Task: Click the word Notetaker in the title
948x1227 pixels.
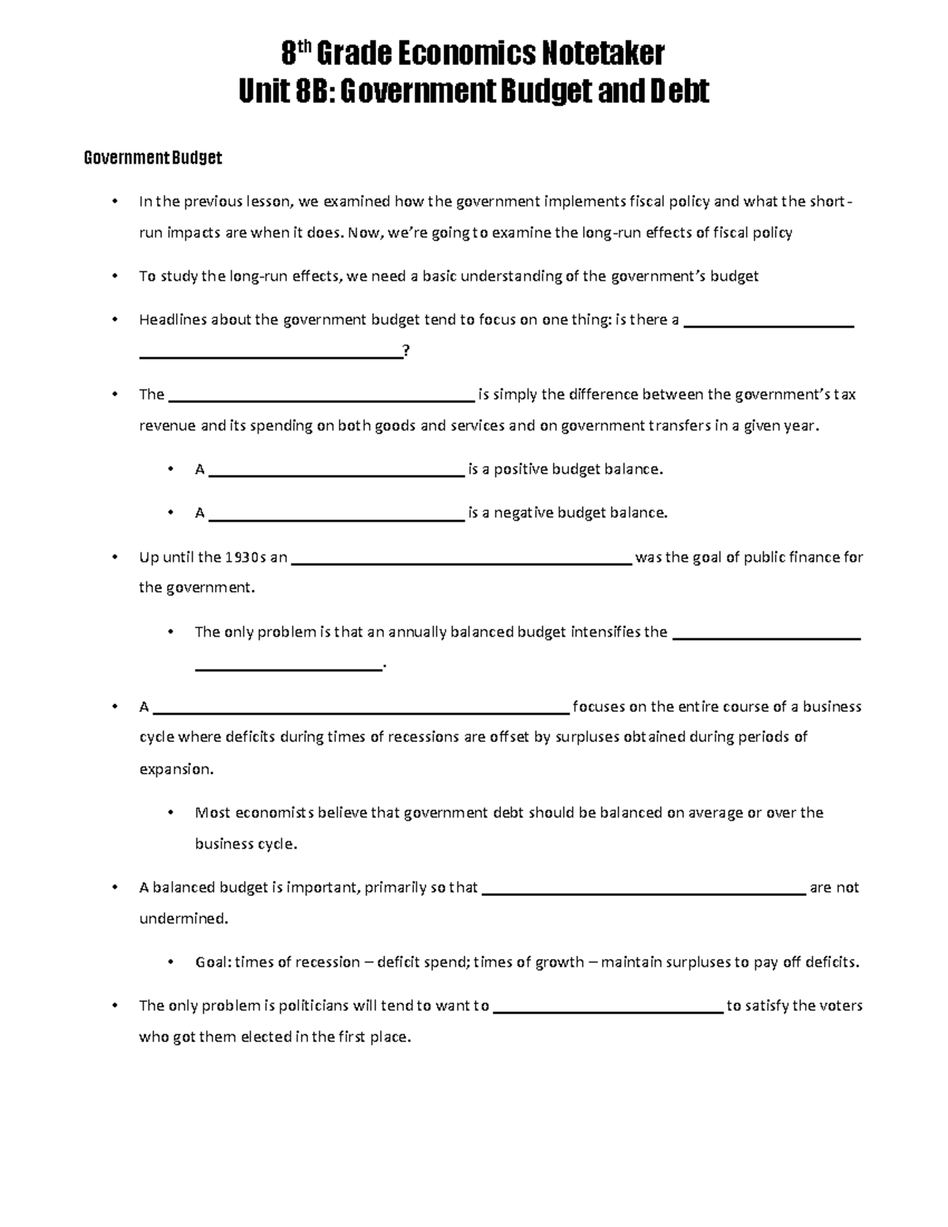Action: click(x=602, y=55)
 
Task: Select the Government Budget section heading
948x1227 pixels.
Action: click(x=152, y=158)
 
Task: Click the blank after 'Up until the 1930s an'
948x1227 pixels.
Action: click(x=461, y=561)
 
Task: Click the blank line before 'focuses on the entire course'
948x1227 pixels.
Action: click(x=360, y=710)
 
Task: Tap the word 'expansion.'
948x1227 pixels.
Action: click(x=176, y=769)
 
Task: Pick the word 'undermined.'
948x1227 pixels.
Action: click(x=183, y=919)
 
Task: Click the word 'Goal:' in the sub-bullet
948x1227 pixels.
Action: click(x=213, y=962)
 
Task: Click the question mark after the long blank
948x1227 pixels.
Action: click(x=406, y=351)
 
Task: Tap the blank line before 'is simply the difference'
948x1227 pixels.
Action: click(x=322, y=398)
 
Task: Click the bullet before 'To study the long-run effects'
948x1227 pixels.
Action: click(x=115, y=276)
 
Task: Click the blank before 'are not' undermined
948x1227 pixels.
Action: click(x=643, y=891)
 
